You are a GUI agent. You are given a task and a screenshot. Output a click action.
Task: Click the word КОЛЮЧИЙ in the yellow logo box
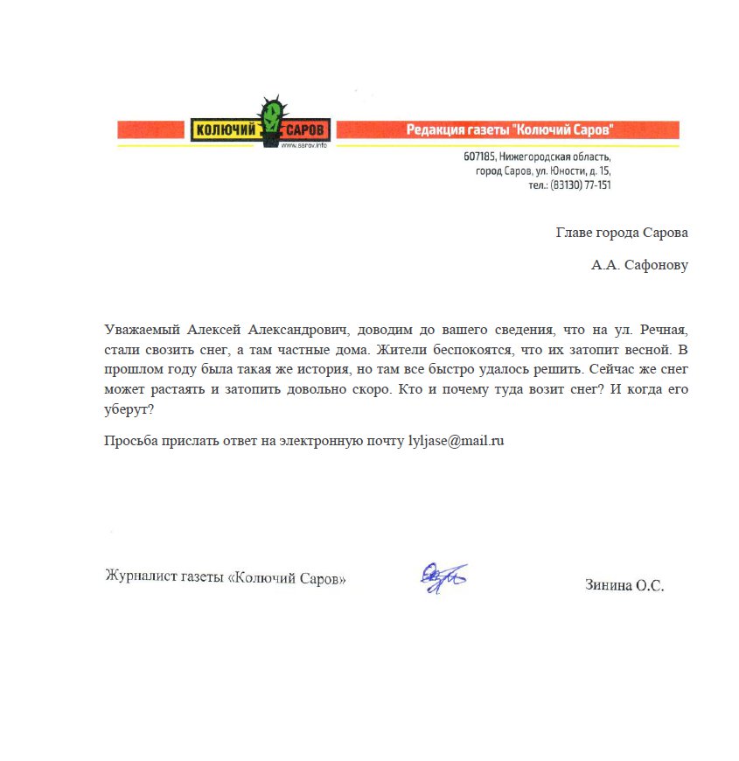tap(223, 130)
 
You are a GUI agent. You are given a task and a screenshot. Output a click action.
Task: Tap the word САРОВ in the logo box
tap(305, 130)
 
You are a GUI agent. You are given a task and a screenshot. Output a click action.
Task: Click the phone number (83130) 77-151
tap(580, 185)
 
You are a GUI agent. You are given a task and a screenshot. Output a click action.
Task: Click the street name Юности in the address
tap(569, 171)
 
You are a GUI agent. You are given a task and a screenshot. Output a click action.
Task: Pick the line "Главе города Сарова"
tap(622, 233)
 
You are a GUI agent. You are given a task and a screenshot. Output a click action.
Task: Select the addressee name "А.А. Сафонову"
tap(639, 265)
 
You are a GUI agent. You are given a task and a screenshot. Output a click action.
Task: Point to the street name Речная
tap(665, 331)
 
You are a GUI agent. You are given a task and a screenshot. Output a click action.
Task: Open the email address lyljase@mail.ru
tap(457, 441)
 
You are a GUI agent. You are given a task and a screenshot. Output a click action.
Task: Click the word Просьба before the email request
tap(129, 441)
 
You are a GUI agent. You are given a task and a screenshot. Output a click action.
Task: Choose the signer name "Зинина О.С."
tap(624, 586)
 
